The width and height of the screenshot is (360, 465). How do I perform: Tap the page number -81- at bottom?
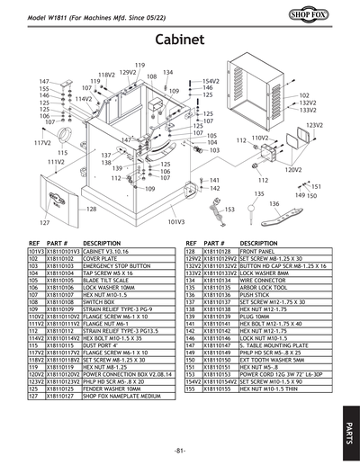180,449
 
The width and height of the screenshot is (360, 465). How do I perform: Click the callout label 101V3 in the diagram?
175,221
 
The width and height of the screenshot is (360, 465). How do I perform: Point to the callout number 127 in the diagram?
42,222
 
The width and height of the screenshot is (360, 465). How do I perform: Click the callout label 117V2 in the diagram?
42,143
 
